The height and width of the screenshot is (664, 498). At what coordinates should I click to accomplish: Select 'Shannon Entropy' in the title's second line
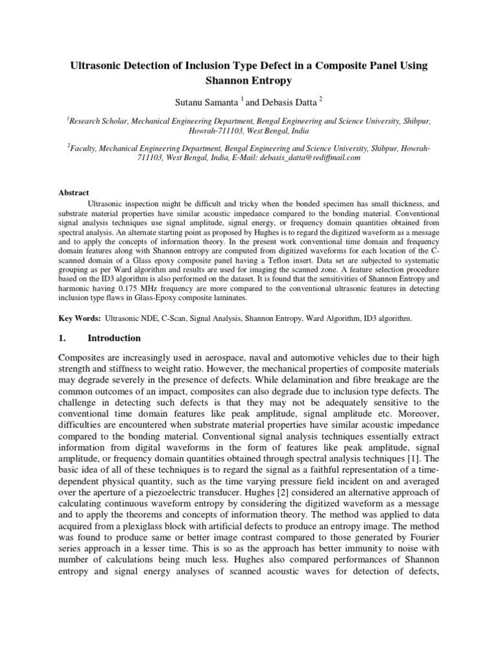[249, 81]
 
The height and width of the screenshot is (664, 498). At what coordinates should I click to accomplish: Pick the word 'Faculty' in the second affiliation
[84, 148]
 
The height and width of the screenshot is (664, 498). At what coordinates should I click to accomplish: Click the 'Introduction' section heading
[113, 338]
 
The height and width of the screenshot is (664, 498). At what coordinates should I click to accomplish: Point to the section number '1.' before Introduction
[63, 338]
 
